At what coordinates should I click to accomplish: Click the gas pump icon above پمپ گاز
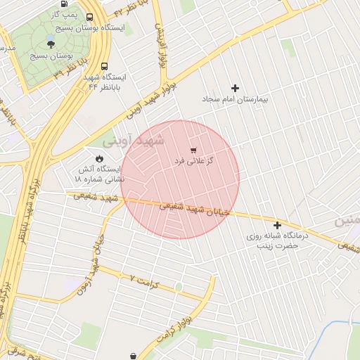(64, 3)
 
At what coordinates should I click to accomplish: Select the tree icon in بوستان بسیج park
(50, 44)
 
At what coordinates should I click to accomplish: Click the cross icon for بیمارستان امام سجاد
(235, 88)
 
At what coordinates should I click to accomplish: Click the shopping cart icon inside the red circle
(193, 150)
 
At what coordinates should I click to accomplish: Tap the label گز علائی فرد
(193, 162)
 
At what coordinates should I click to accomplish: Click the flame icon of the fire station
(99, 157)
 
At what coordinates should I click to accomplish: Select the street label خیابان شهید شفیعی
(194, 209)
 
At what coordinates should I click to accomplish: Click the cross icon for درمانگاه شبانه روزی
(278, 226)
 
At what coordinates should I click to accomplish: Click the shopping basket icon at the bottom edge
(134, 356)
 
